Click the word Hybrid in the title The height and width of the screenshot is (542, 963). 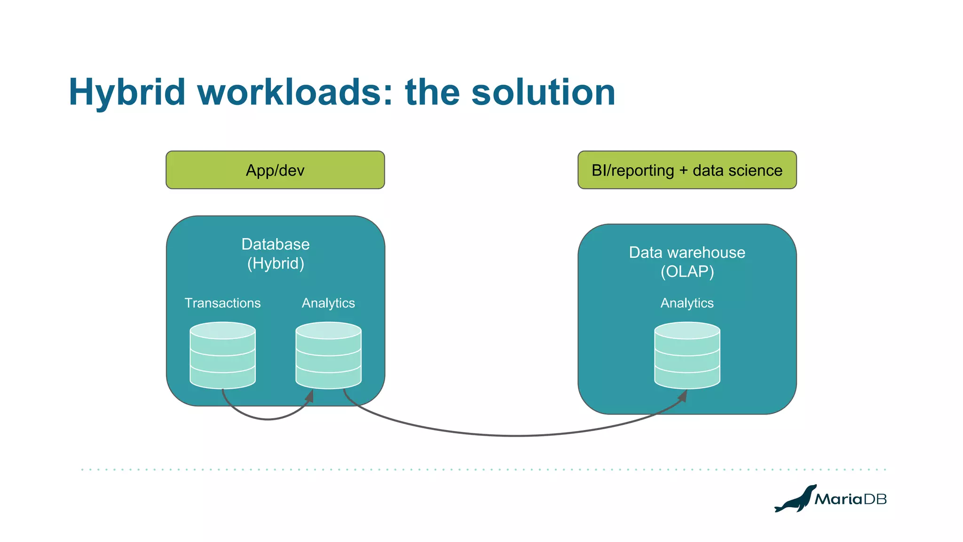[127, 92]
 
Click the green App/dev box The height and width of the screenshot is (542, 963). [275, 170]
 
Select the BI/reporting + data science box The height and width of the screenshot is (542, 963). [687, 170]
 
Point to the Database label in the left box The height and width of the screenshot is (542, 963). [275, 244]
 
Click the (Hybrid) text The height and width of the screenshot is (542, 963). [276, 263]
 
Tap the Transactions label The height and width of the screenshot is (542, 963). [222, 303]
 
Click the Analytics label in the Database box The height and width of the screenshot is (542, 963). [328, 303]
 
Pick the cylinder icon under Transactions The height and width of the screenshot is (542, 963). [222, 355]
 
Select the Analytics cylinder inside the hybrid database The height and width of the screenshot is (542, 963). [328, 355]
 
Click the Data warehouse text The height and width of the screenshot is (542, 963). [687, 253]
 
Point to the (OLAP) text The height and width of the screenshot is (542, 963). [687, 272]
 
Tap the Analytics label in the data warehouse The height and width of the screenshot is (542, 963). [687, 303]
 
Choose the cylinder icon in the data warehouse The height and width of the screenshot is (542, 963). [687, 355]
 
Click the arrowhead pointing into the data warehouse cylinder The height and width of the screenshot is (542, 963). [683, 396]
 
